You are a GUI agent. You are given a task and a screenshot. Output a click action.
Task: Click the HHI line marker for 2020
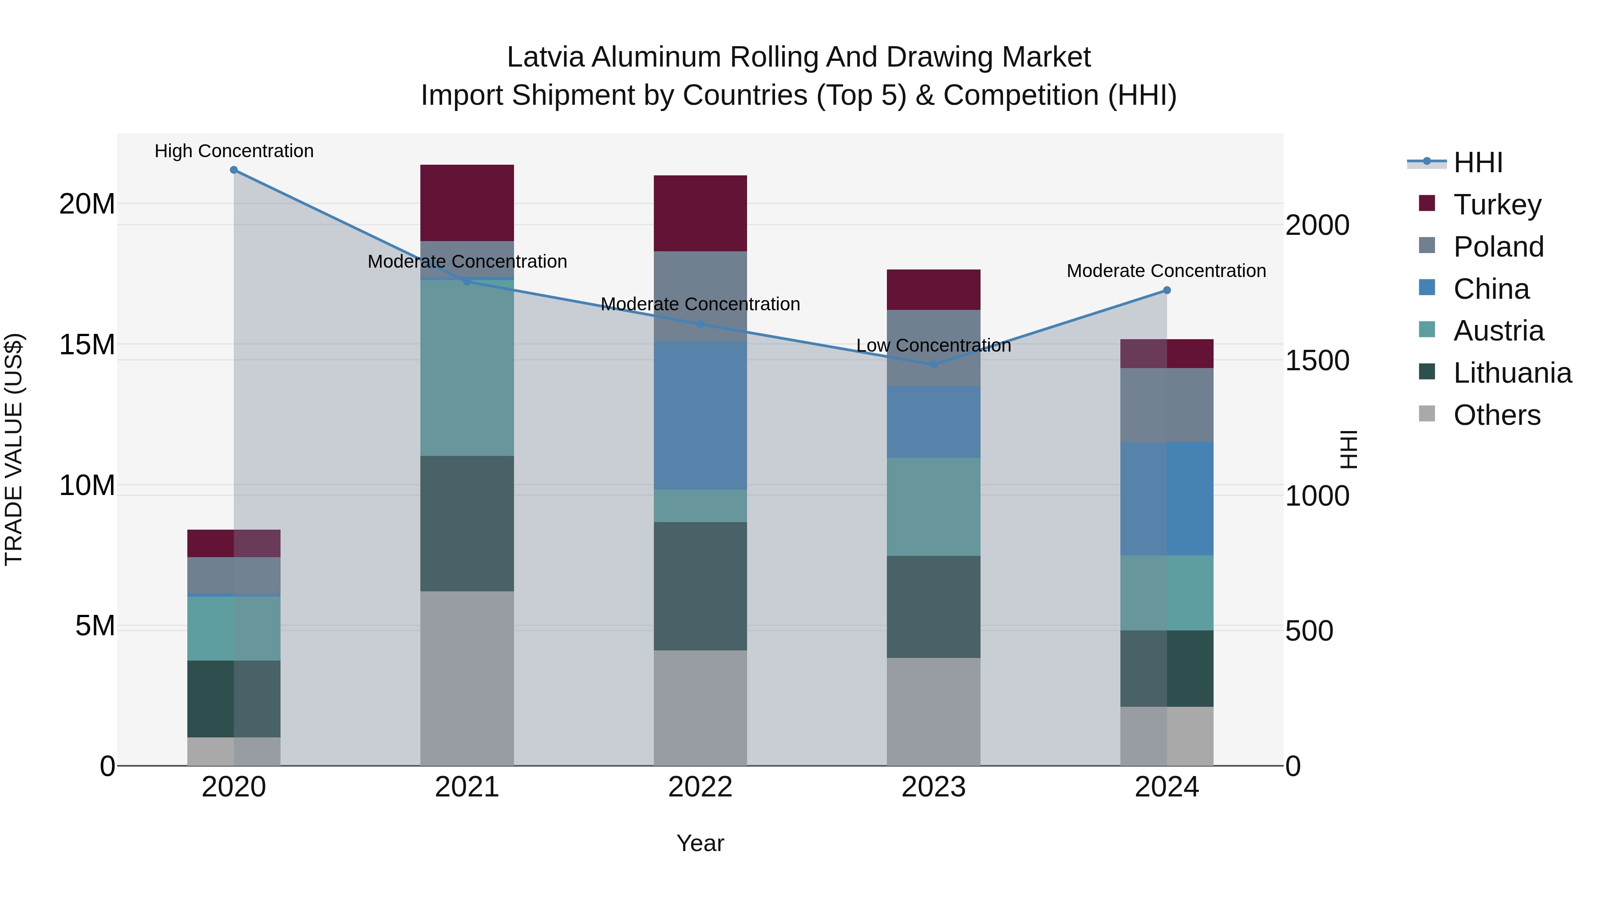(x=234, y=170)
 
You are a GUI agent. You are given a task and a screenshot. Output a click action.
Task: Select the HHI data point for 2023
(x=933, y=365)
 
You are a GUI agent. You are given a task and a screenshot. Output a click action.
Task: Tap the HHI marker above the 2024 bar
(x=1167, y=290)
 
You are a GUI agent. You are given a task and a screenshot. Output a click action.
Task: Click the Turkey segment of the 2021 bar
(x=467, y=203)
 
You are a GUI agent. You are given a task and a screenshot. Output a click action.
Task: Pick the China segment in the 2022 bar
(x=700, y=416)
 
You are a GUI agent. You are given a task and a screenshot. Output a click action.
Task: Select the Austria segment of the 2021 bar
(x=467, y=368)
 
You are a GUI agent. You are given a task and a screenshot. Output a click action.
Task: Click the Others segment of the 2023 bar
(x=933, y=712)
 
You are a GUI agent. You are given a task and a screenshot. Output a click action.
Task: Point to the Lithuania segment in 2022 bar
(x=700, y=586)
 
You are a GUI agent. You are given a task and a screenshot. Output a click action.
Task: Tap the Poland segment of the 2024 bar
(x=1167, y=405)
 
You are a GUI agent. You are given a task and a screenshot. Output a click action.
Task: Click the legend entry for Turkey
(x=1497, y=205)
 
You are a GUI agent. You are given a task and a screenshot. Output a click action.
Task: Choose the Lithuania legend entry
(x=1512, y=373)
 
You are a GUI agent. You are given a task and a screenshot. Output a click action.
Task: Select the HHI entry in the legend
(x=1478, y=162)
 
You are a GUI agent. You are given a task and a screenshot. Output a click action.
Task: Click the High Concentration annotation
(x=234, y=151)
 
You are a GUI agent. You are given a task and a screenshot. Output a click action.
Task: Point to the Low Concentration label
(x=933, y=345)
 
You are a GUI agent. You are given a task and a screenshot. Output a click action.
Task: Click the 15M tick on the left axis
(x=87, y=345)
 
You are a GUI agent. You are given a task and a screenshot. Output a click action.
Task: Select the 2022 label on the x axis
(x=700, y=787)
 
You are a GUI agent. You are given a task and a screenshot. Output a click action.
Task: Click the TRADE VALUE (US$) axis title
(x=14, y=449)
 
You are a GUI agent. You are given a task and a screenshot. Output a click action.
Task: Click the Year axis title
(x=700, y=843)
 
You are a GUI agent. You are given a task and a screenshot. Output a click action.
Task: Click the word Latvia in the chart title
(x=546, y=57)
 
